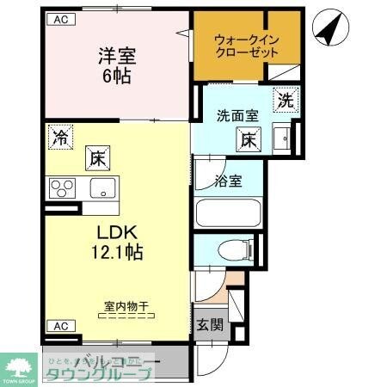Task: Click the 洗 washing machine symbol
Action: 285,99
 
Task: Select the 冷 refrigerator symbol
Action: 61,136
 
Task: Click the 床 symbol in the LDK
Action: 94,159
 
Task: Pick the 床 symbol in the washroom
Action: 248,138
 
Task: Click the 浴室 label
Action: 228,181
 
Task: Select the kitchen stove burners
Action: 63,187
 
